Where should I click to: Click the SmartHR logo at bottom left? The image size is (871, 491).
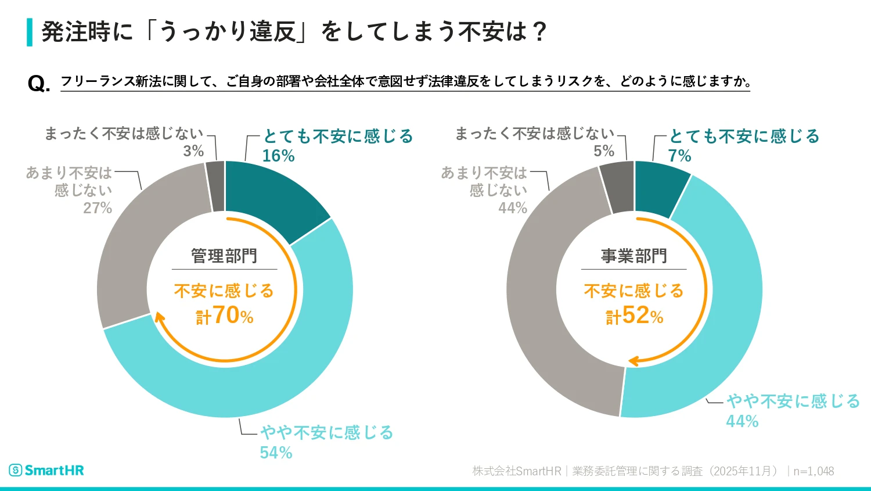46,470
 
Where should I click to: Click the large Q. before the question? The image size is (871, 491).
39,84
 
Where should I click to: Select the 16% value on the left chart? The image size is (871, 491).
278,156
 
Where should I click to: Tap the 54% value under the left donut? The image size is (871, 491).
276,453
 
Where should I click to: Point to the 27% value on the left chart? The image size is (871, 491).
98,208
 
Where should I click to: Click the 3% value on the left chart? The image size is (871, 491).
193,151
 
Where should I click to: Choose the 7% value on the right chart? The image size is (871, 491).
679,156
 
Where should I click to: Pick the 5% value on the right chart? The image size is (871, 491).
604,151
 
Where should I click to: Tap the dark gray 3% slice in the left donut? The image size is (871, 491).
216,186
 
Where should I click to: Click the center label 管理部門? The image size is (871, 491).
224,256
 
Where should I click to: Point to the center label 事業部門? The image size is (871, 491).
634,256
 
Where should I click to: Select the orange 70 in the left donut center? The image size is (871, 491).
226,316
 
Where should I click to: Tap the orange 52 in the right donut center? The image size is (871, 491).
636,316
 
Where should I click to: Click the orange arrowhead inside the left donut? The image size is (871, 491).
159,317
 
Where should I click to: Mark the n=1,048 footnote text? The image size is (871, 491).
814,471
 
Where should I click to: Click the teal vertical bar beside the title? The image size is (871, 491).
30,32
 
